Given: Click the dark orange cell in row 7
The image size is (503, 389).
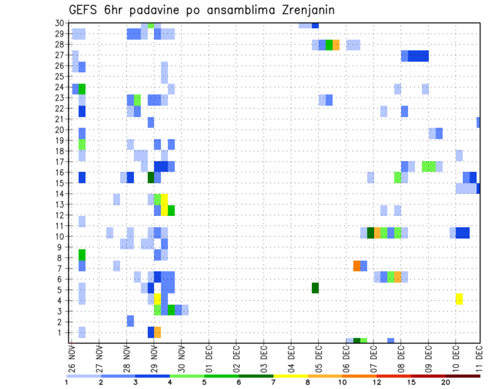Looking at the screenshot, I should click(357, 266).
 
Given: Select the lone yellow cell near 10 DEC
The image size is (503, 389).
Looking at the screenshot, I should click(459, 299).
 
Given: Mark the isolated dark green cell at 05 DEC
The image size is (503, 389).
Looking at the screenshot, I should click(315, 288).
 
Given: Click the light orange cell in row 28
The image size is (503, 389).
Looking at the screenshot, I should click(336, 45).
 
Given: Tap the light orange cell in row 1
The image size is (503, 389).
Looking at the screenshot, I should click(157, 332).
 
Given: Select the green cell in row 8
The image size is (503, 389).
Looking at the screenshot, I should click(82, 255).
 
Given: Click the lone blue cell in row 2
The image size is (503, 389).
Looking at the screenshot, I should click(130, 320).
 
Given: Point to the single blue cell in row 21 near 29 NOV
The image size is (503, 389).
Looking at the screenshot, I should click(151, 122).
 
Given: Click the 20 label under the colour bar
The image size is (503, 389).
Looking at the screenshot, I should click(446, 383).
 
